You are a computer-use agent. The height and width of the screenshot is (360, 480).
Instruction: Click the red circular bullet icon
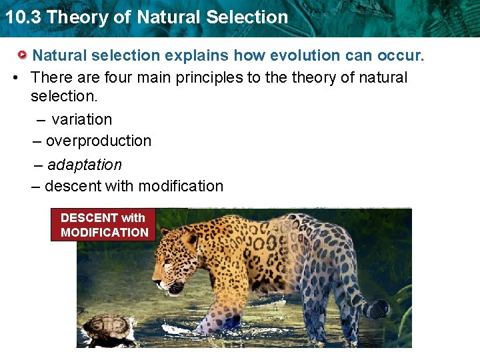coord(22,55)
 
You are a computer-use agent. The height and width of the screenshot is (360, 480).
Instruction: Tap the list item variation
coord(81,120)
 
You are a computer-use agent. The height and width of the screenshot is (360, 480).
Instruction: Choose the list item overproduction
coord(99,141)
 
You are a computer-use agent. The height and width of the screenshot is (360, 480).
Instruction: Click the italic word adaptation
coord(84,165)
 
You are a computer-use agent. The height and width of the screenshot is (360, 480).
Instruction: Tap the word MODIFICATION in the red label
coord(105,233)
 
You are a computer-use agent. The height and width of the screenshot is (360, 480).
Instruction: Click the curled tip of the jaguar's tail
coord(378,309)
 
